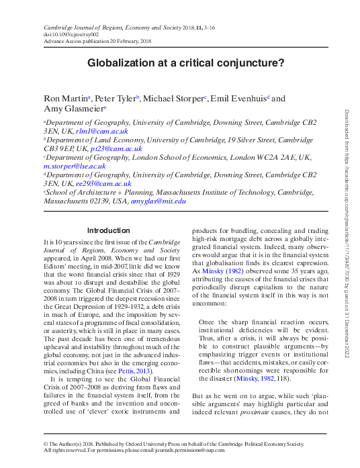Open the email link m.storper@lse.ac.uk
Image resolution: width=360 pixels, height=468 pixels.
click(66, 165)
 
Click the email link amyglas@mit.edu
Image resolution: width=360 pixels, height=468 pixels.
click(158, 200)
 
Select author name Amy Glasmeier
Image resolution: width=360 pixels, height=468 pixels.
click(73, 109)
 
